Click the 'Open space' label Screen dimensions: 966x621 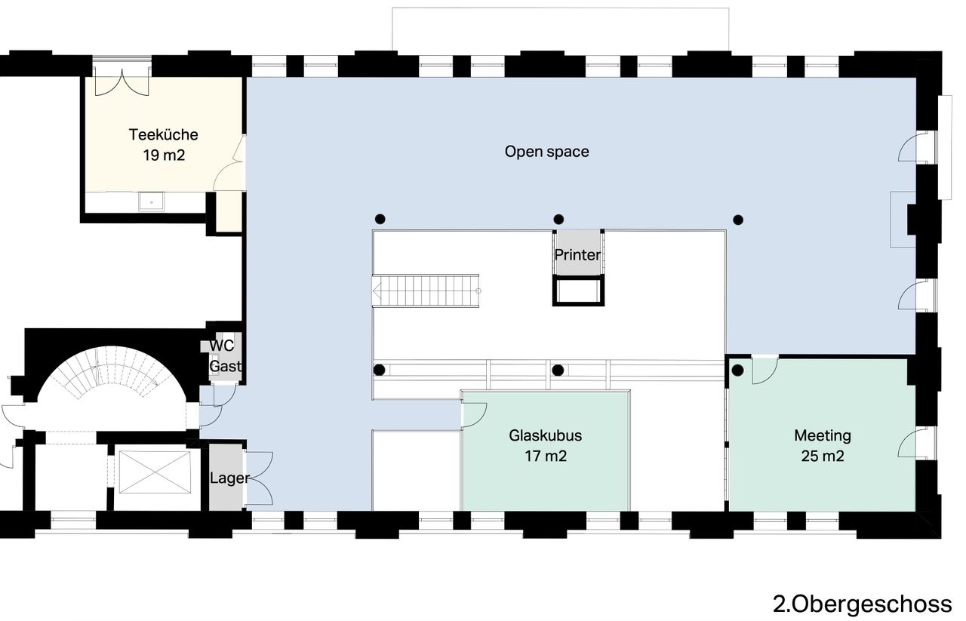[x=547, y=152]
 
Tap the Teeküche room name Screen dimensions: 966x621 [x=164, y=134]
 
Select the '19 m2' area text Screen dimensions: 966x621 [x=164, y=155]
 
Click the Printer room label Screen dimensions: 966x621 [x=577, y=255]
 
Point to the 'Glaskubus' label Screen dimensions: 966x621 [x=546, y=435]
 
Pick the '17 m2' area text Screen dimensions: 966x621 [x=546, y=456]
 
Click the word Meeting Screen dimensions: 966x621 [x=823, y=435]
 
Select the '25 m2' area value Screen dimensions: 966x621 [x=823, y=456]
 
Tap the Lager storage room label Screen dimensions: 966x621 [x=230, y=478]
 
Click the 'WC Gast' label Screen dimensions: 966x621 [x=225, y=356]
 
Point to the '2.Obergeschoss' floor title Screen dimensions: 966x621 [x=863, y=604]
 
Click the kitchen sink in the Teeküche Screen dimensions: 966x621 [x=152, y=201]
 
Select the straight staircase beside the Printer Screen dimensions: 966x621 [x=426, y=291]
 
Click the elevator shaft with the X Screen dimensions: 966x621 [x=155, y=472]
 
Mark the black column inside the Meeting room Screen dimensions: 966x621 [x=738, y=370]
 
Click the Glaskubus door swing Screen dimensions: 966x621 [x=474, y=415]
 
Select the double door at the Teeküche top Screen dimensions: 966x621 [x=122, y=82]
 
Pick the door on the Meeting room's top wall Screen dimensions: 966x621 [x=765, y=370]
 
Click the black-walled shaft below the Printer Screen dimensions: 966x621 [x=578, y=291]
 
